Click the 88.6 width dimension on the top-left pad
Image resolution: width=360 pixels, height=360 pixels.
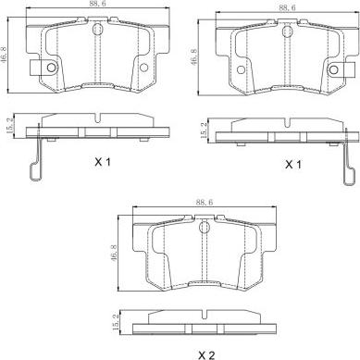[98, 4]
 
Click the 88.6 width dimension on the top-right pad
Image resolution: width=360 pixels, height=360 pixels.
[287, 7]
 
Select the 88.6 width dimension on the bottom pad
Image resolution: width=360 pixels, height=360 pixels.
[205, 203]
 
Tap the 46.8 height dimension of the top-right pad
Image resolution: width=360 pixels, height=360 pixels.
[194, 56]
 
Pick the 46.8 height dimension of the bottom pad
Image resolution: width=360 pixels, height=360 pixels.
[113, 254]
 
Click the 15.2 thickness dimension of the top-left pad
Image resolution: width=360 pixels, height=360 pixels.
[9, 125]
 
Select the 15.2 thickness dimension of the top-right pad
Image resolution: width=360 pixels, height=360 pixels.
[204, 130]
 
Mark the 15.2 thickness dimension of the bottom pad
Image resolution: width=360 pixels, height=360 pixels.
[117, 322]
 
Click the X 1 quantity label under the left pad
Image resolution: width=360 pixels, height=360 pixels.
[103, 162]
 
